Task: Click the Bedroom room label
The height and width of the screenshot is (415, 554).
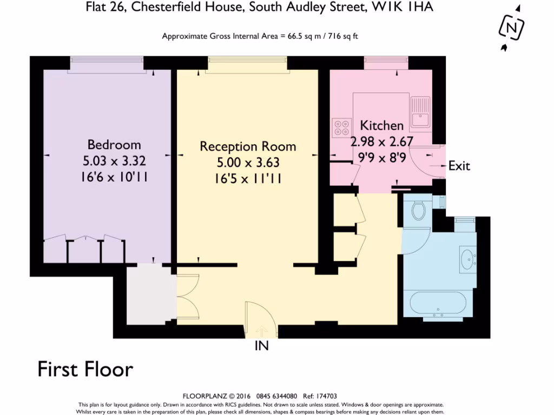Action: [x=114, y=145]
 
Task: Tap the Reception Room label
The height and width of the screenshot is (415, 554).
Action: [x=248, y=146]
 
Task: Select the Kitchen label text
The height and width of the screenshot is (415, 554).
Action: [x=381, y=125]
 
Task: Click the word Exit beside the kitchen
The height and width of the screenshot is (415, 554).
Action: [x=459, y=165]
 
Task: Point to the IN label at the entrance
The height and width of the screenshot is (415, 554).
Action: [x=262, y=346]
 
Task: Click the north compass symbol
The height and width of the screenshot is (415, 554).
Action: [x=511, y=28]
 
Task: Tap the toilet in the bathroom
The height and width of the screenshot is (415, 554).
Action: [x=419, y=210]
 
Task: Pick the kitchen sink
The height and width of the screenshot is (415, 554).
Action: [x=420, y=112]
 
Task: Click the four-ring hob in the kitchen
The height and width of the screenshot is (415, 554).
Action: [x=342, y=128]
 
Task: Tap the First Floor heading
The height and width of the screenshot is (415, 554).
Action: [x=85, y=369]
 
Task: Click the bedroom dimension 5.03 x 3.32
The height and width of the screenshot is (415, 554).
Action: [x=114, y=161]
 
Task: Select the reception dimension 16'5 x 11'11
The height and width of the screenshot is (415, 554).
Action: [x=248, y=178]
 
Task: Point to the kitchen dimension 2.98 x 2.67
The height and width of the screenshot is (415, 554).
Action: [x=381, y=142]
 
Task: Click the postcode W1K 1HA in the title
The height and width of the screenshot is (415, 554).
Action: [x=403, y=6]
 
